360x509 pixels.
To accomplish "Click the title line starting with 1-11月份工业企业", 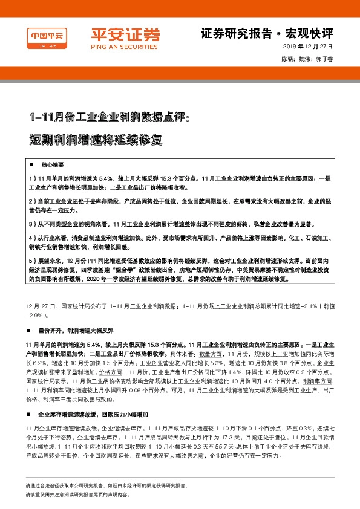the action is pyautogui.click(x=109, y=117).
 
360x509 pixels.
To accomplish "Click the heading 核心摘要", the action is pyautogui.click(x=51, y=164).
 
